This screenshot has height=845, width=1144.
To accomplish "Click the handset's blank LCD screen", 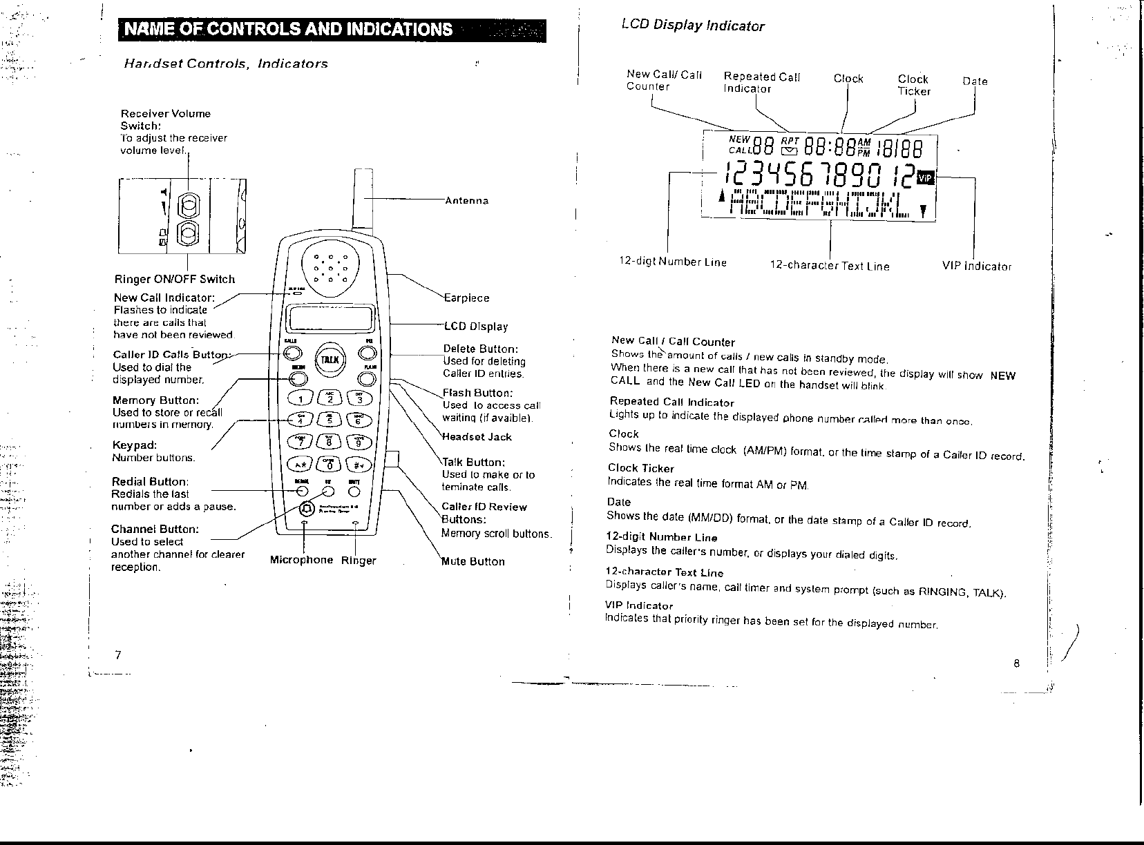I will (x=329, y=319).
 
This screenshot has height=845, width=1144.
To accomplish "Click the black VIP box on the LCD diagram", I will (x=926, y=178).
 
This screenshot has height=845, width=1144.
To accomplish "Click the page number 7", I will (x=119, y=655).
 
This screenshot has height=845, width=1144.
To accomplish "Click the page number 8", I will (x=1016, y=664).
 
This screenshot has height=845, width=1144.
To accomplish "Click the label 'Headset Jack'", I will (x=477, y=437).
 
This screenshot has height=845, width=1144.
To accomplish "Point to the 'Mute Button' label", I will (x=474, y=561).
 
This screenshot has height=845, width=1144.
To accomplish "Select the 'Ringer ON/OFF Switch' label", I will (x=174, y=280).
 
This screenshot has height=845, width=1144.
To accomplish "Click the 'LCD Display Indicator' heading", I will (x=693, y=26).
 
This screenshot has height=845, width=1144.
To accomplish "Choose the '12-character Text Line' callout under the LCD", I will (x=830, y=266).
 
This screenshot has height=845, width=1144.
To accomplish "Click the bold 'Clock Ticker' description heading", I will (x=640, y=468).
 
